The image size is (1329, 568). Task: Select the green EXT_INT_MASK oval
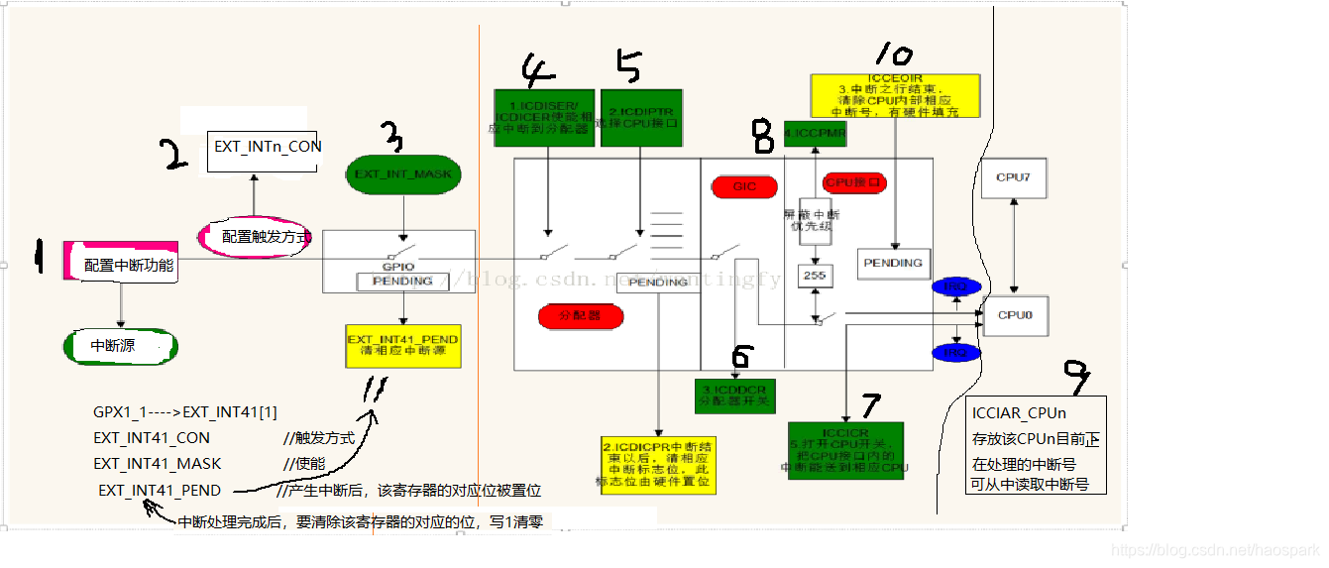coord(402,173)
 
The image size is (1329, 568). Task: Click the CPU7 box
coord(1014,177)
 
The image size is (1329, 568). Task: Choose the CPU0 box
coord(1015,315)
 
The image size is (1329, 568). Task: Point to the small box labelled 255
coord(816,276)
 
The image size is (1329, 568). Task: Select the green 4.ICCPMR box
coord(815,133)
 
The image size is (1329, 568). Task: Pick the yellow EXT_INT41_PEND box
coord(402,346)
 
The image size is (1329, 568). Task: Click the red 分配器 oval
coord(581,316)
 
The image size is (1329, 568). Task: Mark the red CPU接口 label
coord(854,182)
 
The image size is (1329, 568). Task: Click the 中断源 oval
coord(119,346)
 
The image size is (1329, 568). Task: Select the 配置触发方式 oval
coord(256,237)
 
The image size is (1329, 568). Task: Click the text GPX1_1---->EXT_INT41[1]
coord(185,412)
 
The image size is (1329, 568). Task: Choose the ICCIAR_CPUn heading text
coord(1019,412)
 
